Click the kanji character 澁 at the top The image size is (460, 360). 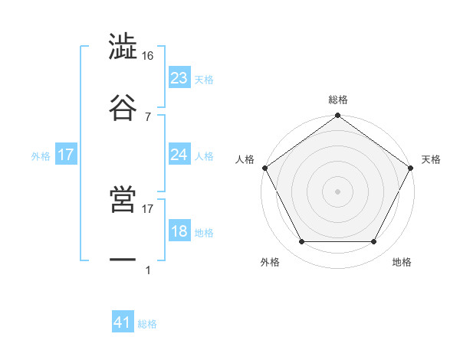(123, 47)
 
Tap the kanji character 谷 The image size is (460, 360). (123, 106)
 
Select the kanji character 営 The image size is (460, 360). (123, 200)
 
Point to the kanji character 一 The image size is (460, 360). (123, 260)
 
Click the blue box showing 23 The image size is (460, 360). (179, 77)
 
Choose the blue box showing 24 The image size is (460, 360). (179, 155)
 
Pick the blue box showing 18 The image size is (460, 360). (179, 231)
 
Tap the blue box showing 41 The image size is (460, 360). (123, 323)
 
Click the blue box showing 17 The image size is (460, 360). (66, 155)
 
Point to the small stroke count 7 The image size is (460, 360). (147, 116)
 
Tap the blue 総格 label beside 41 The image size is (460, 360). (147, 324)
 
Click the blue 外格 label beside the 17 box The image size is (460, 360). (41, 155)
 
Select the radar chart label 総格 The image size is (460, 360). (337, 100)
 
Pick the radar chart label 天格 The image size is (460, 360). (431, 159)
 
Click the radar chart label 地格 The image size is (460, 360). (402, 263)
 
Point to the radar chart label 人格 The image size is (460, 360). (245, 159)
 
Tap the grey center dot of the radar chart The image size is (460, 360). (337, 191)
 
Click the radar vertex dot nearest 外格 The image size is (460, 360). (301, 242)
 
